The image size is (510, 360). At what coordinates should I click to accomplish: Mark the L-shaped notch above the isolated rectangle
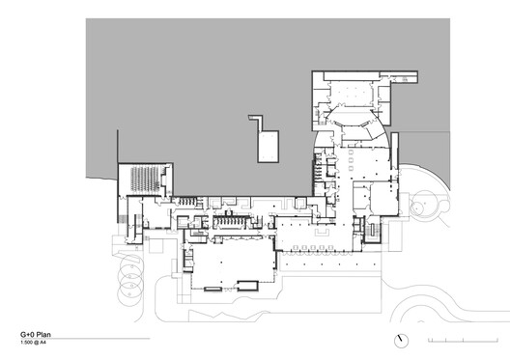(255, 122)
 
